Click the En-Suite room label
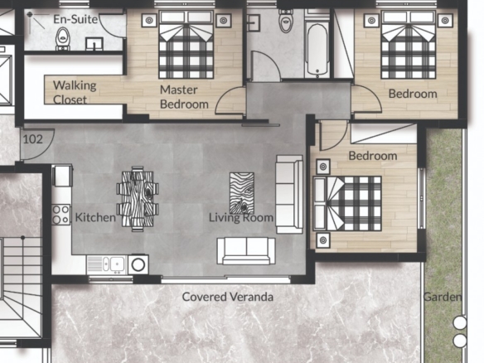(x=75, y=19)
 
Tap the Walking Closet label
(x=75, y=92)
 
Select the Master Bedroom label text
(x=184, y=97)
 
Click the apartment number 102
(x=32, y=139)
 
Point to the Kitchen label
(x=95, y=217)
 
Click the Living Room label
(x=241, y=218)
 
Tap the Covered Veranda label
(x=227, y=297)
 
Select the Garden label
(x=443, y=297)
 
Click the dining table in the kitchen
(x=138, y=199)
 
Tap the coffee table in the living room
(x=242, y=193)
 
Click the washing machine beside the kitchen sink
(x=138, y=264)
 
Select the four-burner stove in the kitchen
(x=60, y=215)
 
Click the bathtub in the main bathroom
(x=317, y=51)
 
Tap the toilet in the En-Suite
(x=63, y=39)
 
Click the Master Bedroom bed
(x=186, y=45)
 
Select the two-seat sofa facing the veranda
(x=246, y=251)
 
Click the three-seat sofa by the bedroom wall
(x=289, y=195)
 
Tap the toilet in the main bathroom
(x=286, y=21)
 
